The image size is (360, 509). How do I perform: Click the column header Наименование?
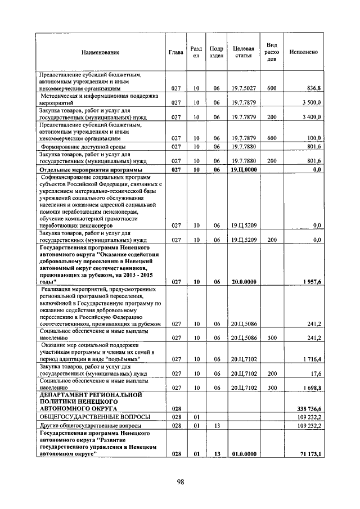click(100, 52)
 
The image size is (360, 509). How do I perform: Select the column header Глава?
click(175, 52)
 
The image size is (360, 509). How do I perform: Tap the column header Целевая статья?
click(243, 52)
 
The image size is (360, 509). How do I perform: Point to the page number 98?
click(180, 481)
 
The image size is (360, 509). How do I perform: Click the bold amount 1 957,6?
click(309, 282)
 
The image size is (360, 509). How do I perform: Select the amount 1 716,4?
click(309, 358)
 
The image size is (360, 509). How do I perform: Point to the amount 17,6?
click(314, 373)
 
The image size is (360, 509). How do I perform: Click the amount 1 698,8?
click(309, 388)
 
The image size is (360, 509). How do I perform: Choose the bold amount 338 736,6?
click(307, 409)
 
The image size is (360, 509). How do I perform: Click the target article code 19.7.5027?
click(243, 89)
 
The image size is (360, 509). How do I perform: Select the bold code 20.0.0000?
click(243, 282)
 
